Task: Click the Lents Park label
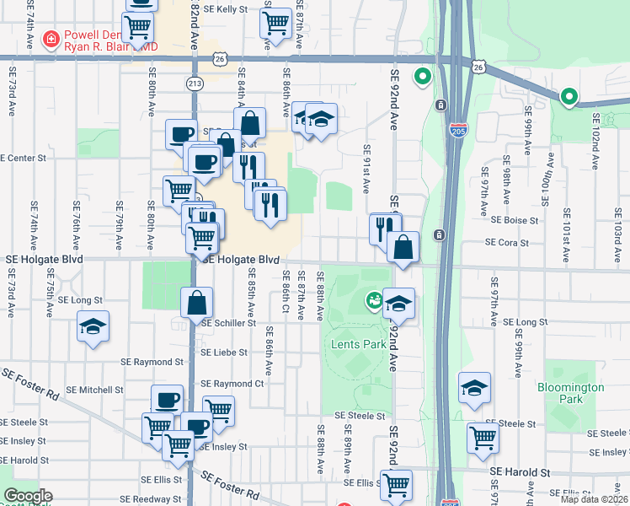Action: click(x=359, y=344)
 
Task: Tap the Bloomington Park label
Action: click(x=571, y=393)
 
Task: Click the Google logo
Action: click(x=28, y=495)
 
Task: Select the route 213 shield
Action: click(x=195, y=83)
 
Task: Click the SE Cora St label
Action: click(x=506, y=243)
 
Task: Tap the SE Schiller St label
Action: click(x=228, y=323)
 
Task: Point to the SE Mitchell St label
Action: click(x=95, y=390)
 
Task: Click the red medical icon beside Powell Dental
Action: click(x=51, y=39)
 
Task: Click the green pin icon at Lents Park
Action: click(x=373, y=299)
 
